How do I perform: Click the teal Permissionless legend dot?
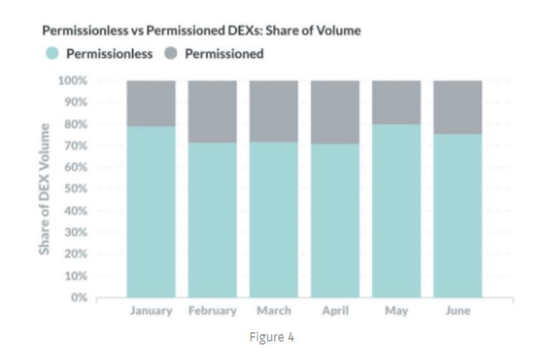coord(52,53)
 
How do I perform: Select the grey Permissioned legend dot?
coord(171,53)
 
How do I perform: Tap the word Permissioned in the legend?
coord(224,54)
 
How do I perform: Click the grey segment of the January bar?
coord(151,103)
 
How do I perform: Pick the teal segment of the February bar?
coord(212,220)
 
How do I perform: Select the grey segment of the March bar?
coord(274,111)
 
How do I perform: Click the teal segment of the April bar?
coord(335,221)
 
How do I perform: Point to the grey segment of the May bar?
coord(397,103)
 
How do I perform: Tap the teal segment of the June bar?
coord(458,216)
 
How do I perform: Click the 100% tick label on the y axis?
coord(72,81)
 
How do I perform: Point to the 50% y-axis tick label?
coord(76,189)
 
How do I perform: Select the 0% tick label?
coord(79,298)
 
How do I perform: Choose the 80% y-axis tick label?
coord(76,124)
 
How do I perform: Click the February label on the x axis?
coord(212,311)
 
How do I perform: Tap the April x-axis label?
coord(336,311)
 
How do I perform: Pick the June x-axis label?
coord(458,311)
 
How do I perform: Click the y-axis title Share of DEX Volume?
coord(44,189)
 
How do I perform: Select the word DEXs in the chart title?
coord(245,30)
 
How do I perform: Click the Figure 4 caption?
coord(272,337)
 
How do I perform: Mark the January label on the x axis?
coord(151,311)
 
